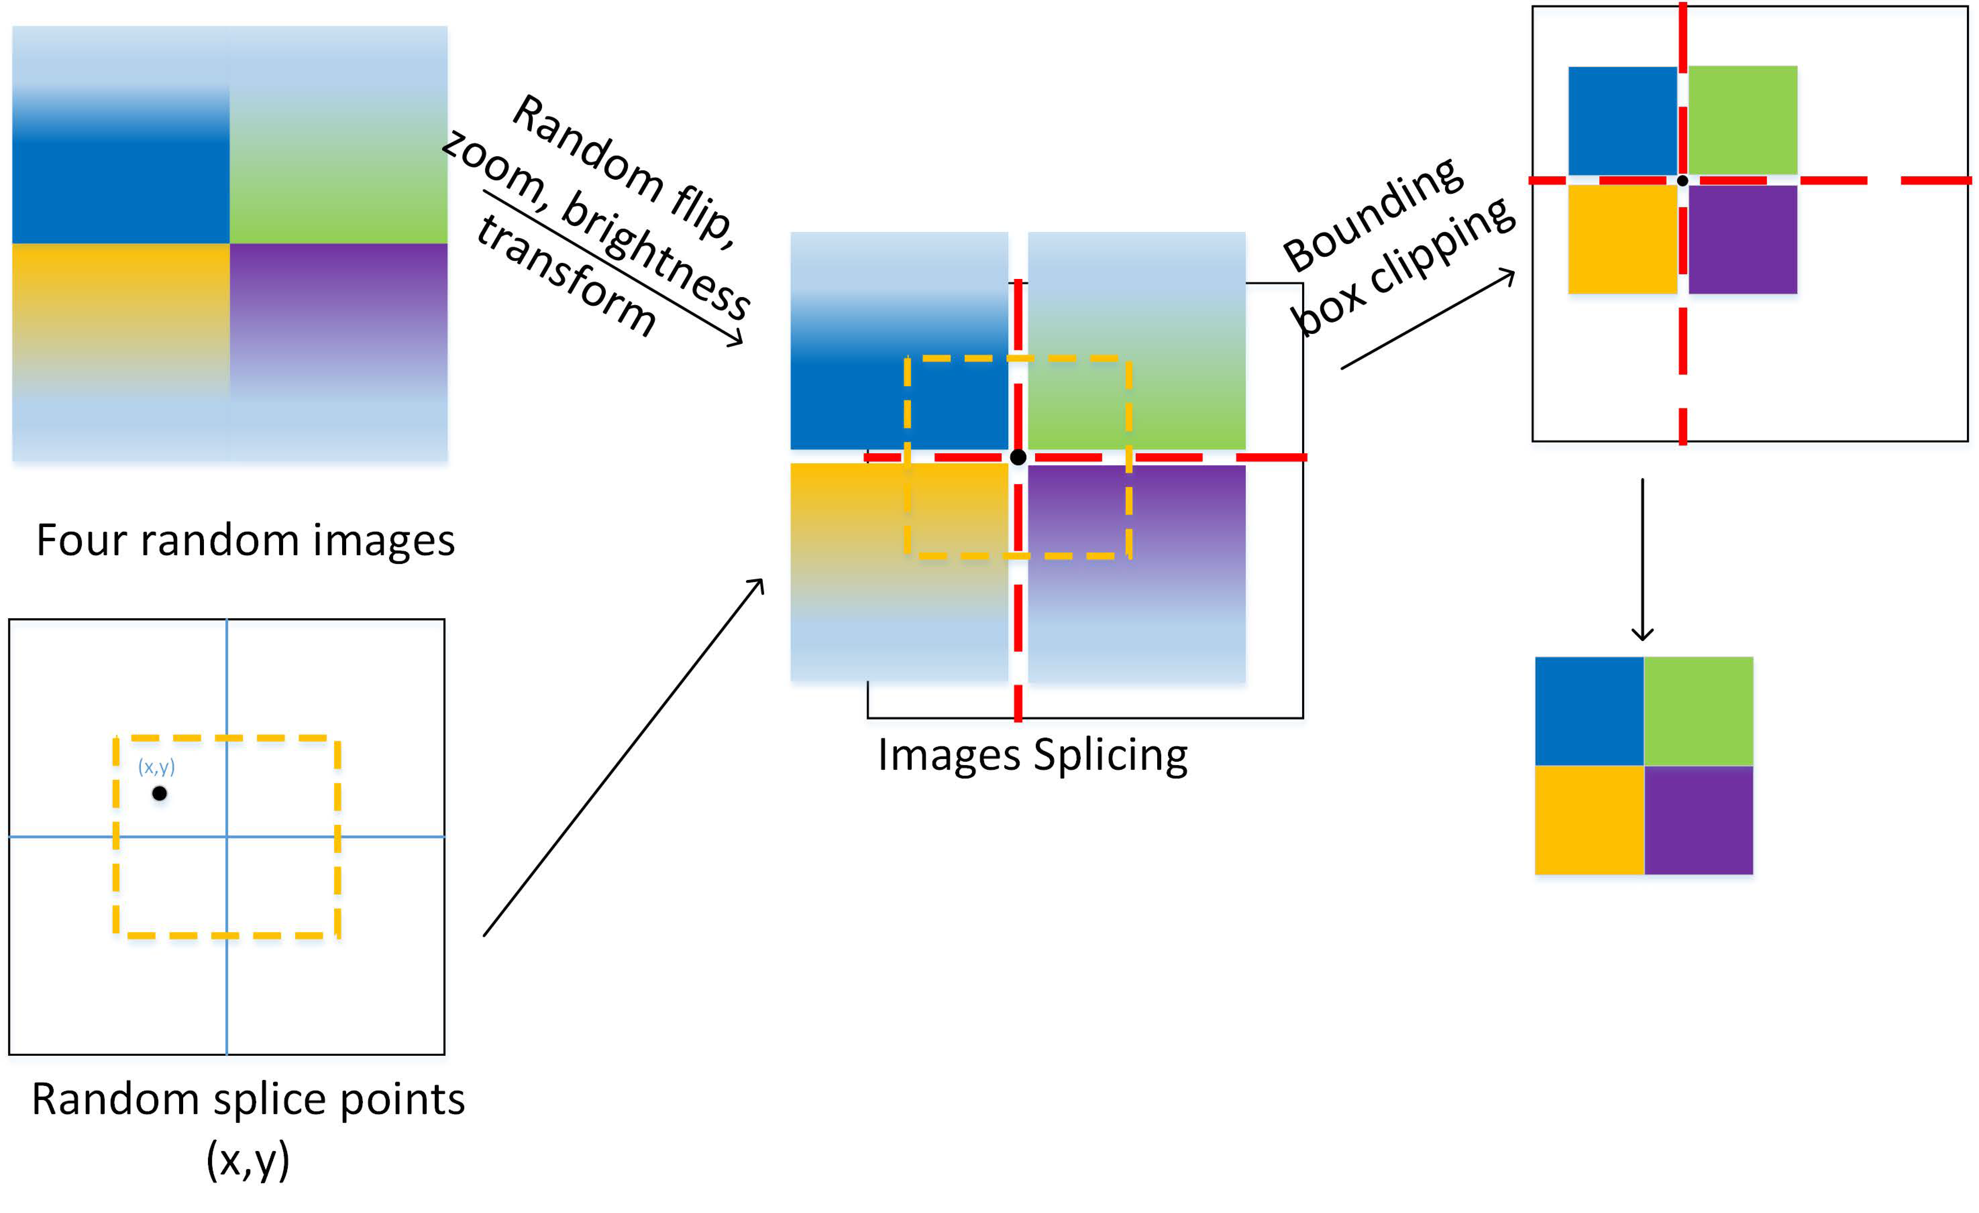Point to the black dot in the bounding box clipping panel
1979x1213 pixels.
1682,181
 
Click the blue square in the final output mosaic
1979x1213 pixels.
1589,710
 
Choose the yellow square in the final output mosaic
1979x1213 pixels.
1589,820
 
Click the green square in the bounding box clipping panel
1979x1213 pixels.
1742,120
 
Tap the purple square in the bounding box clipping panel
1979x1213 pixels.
1742,239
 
